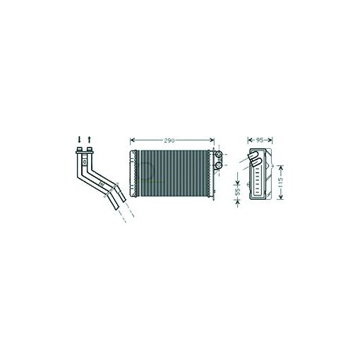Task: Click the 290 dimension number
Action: click(169, 140)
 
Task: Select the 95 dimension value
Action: click(260, 140)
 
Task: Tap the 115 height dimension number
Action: click(280, 182)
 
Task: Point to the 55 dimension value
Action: click(237, 191)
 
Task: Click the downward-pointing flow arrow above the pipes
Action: click(79, 139)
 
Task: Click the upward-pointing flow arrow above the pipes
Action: click(89, 139)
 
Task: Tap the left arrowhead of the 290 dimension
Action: click(132, 140)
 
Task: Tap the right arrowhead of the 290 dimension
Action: click(212, 140)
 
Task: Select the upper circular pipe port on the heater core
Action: click(219, 155)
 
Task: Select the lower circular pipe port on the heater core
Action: click(219, 165)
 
